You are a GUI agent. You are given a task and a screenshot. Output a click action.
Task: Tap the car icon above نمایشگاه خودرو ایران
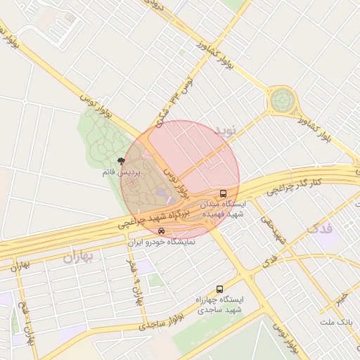coord(162,231)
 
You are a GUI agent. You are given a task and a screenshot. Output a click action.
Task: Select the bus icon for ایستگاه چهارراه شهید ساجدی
coord(219,289)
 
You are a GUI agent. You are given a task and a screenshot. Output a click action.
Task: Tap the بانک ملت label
coord(335,322)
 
